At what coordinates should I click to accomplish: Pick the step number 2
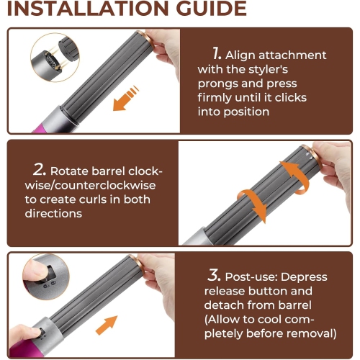(x=39, y=171)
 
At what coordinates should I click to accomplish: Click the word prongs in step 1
(x=226, y=84)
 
